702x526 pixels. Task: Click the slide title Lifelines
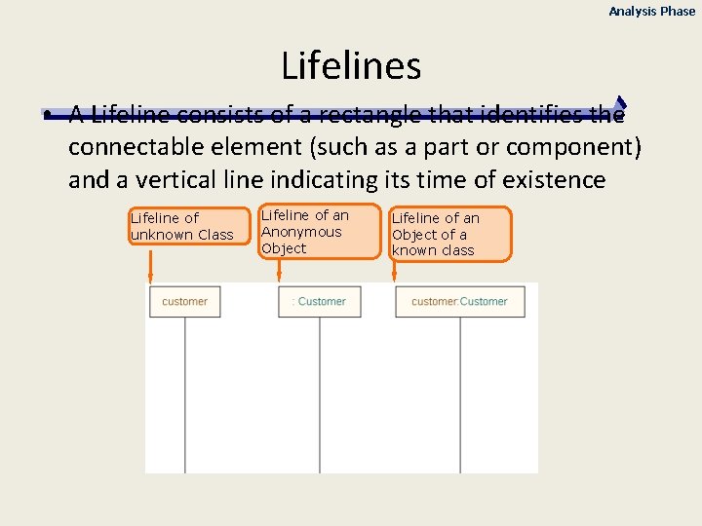[351, 66]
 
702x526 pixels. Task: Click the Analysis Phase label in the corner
[652, 12]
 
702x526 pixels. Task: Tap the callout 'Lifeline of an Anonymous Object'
[319, 232]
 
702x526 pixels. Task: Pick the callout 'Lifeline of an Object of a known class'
[449, 234]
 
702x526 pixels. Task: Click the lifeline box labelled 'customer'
[184, 302]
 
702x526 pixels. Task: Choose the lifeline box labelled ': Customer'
[319, 302]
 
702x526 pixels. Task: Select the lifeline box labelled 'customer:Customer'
[459, 302]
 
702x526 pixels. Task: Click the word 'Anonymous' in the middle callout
[301, 232]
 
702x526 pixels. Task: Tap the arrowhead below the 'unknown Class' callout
[149, 280]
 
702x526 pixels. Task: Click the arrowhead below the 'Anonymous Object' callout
[279, 280]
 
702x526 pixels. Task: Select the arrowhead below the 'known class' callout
[394, 280]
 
